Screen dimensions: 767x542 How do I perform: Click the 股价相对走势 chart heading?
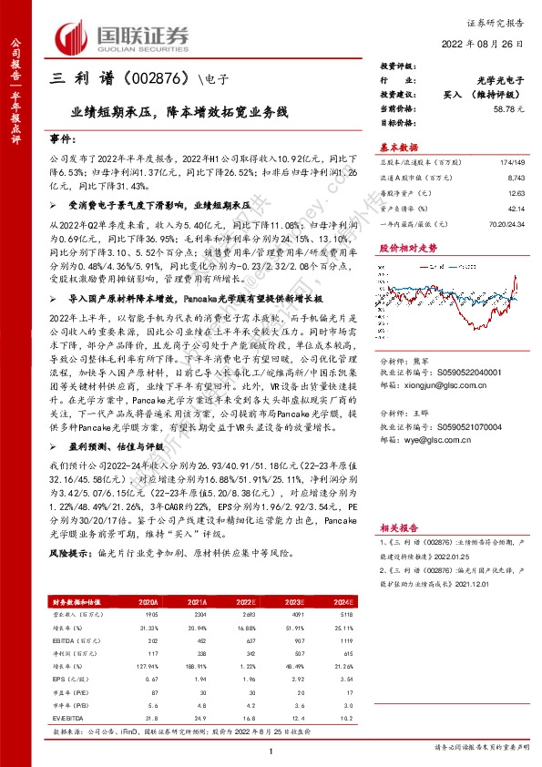coord(408,247)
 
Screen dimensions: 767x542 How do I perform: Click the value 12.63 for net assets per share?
coord(516,192)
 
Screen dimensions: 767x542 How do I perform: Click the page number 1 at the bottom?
coord(272,749)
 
